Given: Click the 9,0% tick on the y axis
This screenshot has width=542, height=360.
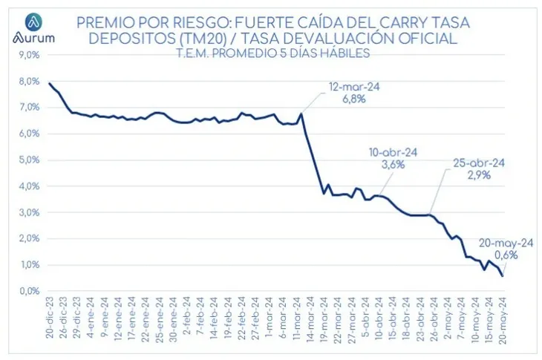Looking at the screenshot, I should (27, 55).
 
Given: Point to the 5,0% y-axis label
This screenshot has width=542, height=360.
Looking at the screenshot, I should (27, 160).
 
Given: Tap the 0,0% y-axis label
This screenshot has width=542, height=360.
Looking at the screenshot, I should (27, 291).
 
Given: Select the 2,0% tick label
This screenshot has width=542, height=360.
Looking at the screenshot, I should (27, 238).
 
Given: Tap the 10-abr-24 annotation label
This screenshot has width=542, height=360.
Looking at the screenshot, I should (393, 152).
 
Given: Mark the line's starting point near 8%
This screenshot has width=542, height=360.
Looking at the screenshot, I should (49, 83).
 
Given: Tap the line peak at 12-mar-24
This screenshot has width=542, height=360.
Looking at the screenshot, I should (301, 114).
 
